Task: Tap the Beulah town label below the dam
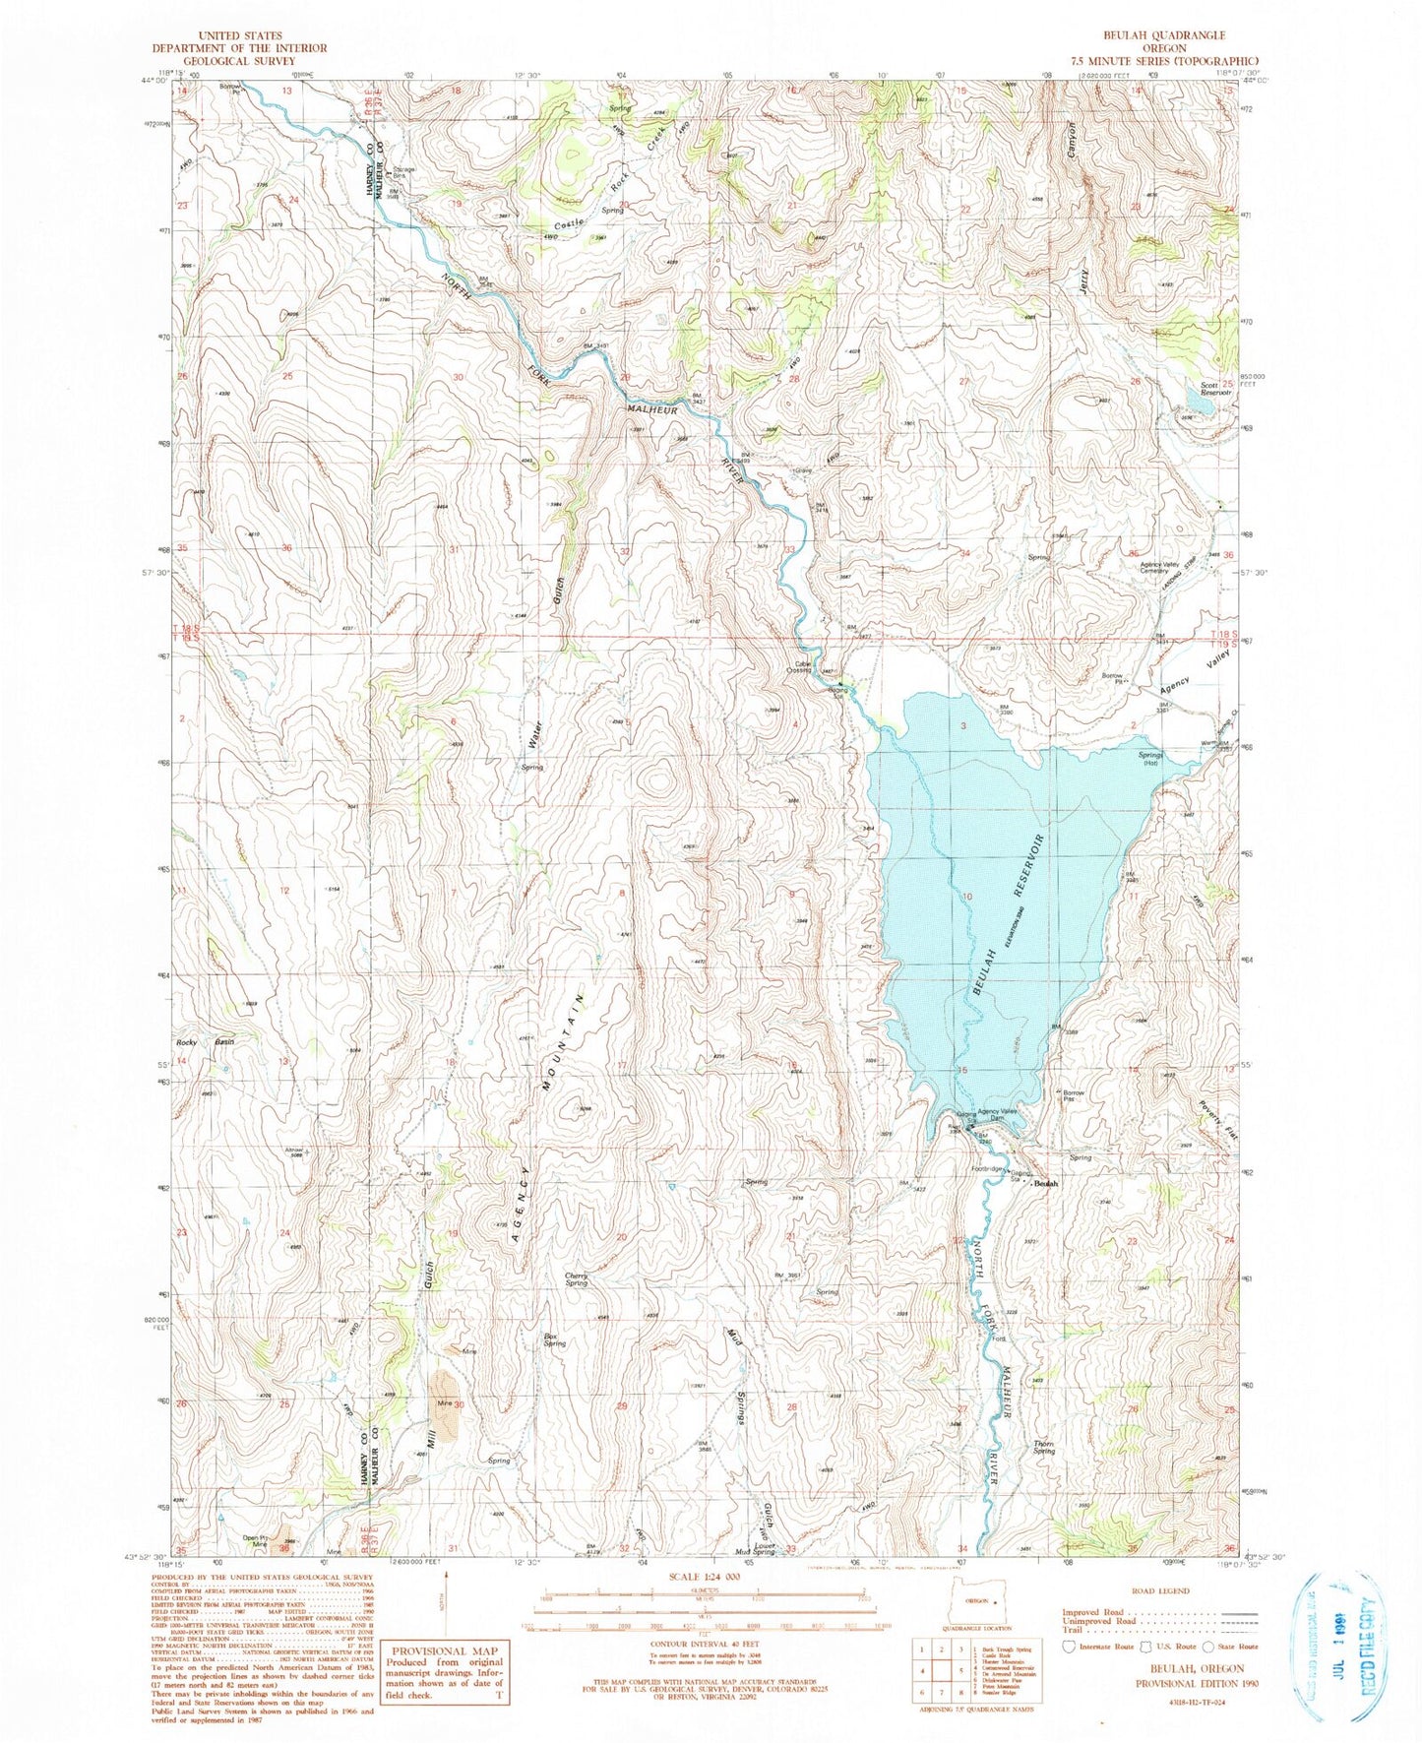[1045, 1184]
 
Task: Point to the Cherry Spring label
[577, 1279]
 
